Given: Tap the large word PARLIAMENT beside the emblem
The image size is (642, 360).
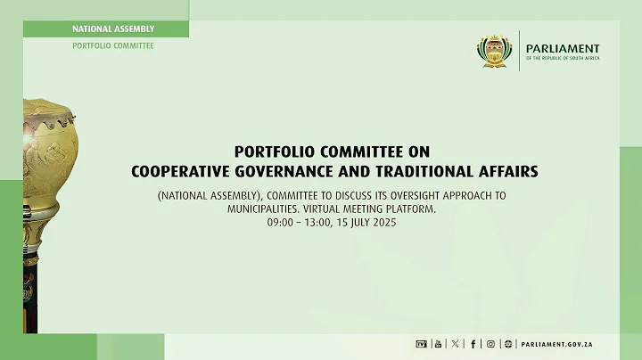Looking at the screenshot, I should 563,49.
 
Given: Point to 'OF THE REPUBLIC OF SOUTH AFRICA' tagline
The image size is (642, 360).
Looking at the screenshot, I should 563,60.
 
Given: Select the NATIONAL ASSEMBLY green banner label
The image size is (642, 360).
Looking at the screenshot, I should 113,29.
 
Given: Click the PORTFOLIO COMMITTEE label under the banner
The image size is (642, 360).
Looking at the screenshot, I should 113,45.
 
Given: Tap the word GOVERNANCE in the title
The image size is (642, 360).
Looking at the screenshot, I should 291,168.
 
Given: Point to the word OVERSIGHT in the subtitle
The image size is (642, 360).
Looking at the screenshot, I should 419,194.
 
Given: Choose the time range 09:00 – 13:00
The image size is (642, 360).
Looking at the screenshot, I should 286,221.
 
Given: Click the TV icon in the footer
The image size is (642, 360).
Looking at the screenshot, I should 422,343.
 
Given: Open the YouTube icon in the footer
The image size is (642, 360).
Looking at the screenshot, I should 437,343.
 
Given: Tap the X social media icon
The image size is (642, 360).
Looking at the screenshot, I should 455,343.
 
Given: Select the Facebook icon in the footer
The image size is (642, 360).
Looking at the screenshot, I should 473,343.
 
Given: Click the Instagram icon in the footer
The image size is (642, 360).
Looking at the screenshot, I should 490,343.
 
